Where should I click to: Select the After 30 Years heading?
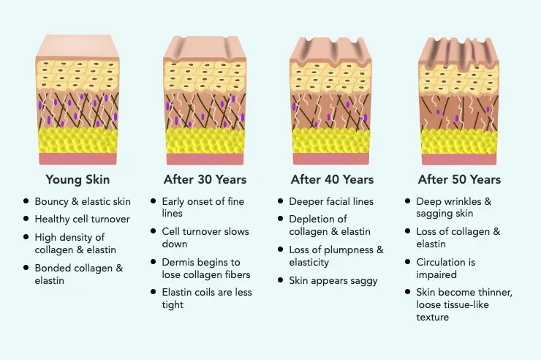[205, 179]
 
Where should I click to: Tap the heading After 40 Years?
[332, 179]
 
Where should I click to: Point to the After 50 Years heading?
[459, 179]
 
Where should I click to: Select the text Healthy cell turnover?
[81, 219]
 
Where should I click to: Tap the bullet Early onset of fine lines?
[203, 207]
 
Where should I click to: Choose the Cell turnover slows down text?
[205, 237]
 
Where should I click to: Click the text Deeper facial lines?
[331, 201]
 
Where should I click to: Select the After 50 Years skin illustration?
[460, 102]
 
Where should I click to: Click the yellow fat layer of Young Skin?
[77, 140]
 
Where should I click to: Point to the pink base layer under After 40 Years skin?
[332, 159]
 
